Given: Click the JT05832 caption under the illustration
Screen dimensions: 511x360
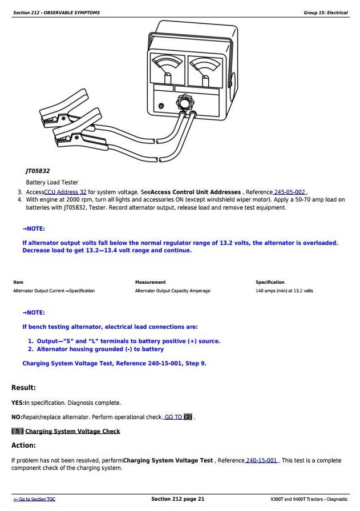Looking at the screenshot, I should coord(38,171).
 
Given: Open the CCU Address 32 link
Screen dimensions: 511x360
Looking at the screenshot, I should coord(65,192).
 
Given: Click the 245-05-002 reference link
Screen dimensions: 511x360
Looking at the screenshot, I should coord(290,192).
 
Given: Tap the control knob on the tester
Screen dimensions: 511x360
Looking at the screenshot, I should coord(184,104).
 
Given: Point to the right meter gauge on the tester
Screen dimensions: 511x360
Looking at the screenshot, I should coord(204,69).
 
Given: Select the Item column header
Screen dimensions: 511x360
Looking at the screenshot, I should coord(18,282).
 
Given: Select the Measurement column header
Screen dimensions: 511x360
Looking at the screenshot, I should coord(150,282).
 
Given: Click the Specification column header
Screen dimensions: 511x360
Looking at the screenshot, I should coord(270,282).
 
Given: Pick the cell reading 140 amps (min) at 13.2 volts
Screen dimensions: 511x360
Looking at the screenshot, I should coord(284,291).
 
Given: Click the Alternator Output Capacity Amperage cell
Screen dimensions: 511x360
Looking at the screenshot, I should coord(172,291).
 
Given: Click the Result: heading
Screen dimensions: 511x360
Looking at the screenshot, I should coord(23,388).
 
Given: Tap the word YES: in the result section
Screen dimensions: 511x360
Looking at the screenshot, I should coord(17,403).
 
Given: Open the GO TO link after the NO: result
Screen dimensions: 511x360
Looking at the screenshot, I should coord(173,417).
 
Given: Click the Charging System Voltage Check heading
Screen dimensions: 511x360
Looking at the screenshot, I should coord(72,432).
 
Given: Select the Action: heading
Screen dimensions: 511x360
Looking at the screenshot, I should coord(23,445).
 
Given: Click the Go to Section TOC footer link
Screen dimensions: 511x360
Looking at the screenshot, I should coord(34,500).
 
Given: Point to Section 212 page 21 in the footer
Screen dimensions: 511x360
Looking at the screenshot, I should coord(177,499).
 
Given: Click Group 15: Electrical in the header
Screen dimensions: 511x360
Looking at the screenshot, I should coord(325,13).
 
